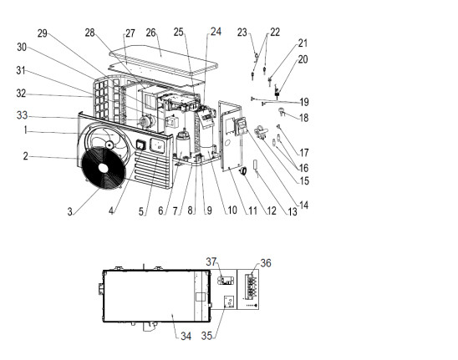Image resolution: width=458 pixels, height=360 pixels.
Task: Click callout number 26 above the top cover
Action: point(150,33)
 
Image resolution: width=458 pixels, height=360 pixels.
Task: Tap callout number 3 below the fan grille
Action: point(70,211)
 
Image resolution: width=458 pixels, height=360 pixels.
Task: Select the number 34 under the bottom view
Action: point(186,336)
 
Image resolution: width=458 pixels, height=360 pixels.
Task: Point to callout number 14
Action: point(303,205)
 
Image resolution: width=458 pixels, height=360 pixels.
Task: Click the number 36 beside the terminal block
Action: point(266,263)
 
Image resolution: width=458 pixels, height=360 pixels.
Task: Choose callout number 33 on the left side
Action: point(22,115)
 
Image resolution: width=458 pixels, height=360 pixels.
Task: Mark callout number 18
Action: point(303,118)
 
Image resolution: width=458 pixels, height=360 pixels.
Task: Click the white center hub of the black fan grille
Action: point(103,168)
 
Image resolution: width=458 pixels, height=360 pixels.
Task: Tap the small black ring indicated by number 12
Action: point(243,171)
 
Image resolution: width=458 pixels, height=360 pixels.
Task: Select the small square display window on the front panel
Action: point(141,145)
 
